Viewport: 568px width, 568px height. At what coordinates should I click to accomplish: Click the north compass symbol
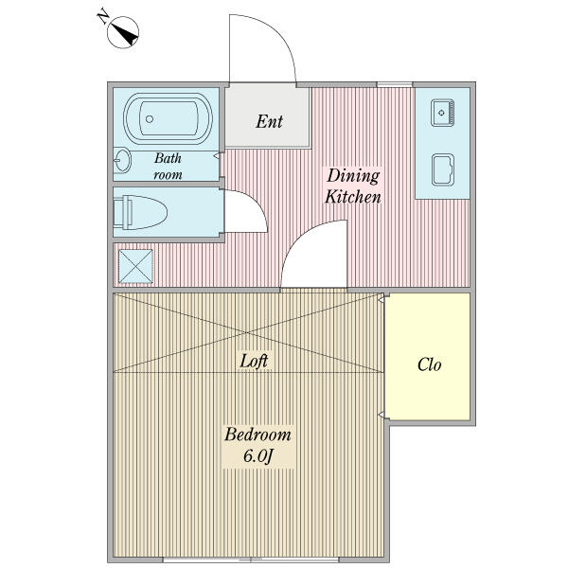(x=123, y=32)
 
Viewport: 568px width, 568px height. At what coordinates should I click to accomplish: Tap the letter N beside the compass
(x=103, y=17)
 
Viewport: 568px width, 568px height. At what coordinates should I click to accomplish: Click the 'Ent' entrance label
(x=269, y=121)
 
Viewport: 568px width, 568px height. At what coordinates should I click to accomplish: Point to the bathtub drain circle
(x=150, y=119)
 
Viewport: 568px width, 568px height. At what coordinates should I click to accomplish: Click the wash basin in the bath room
(x=122, y=161)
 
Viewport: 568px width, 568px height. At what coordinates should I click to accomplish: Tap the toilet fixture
(x=140, y=212)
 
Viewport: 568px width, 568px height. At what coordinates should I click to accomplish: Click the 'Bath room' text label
(x=169, y=167)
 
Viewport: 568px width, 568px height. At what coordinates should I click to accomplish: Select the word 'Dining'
(x=353, y=176)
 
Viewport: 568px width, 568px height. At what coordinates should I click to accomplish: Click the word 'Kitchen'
(x=353, y=198)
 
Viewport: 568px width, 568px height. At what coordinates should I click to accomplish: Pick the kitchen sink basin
(x=443, y=113)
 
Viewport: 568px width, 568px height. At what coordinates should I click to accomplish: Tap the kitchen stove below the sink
(x=443, y=169)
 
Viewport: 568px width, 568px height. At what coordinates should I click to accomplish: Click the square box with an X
(x=135, y=266)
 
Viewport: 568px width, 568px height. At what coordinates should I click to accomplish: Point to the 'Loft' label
(x=254, y=362)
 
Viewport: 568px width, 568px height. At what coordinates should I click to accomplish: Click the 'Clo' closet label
(x=429, y=364)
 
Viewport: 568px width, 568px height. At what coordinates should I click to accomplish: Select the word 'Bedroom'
(x=257, y=435)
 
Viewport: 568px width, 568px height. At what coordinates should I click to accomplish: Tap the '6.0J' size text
(x=257, y=456)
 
